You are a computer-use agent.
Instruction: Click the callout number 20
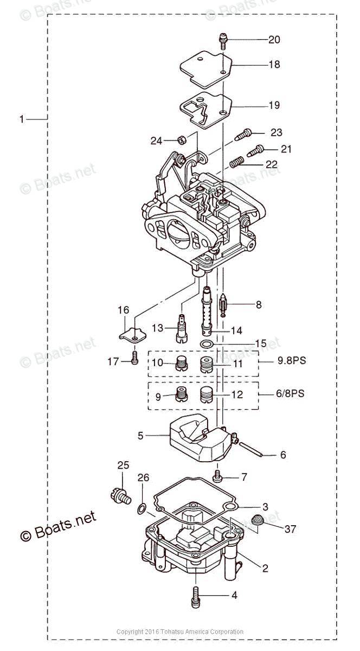point(274,40)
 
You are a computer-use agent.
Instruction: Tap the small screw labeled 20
point(223,41)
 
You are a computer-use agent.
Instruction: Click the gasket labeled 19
point(207,111)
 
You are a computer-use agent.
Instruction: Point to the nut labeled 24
point(183,140)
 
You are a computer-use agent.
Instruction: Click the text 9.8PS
point(291,360)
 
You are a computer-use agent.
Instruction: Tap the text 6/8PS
point(290,393)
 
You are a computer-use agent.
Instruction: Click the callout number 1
point(22,119)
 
